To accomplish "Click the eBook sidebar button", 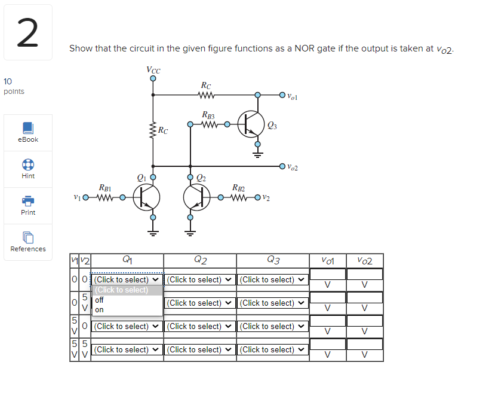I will tap(27, 132).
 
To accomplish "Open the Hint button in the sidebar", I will tap(27, 169).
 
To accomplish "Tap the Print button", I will tap(27, 205).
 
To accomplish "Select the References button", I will tap(27, 242).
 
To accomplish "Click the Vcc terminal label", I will tap(153, 69).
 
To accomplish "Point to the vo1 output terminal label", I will tap(291, 95).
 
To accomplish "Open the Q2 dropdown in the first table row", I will tap(199, 279).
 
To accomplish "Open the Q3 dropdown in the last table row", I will tap(272, 349).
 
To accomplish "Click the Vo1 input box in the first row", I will tap(327, 275).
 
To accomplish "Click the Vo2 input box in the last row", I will tap(364, 345).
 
